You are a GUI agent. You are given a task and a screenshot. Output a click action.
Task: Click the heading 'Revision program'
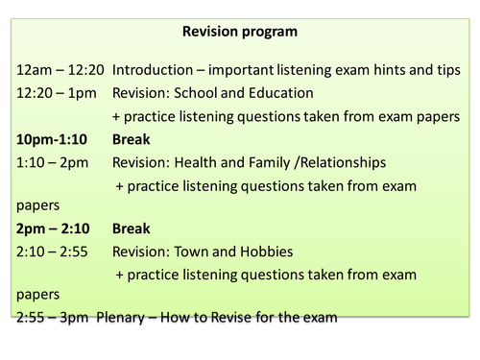(240, 32)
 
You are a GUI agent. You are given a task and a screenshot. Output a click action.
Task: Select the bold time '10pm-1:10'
(54, 138)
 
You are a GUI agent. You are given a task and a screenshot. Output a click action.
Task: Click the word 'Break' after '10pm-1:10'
(132, 138)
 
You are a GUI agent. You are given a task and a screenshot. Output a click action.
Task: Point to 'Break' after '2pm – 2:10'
(132, 228)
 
